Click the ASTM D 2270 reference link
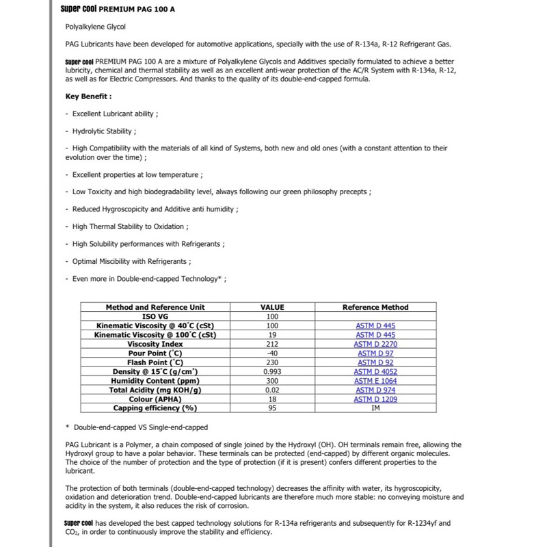[375, 344]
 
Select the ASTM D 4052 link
[375, 371]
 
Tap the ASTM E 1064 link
[375, 381]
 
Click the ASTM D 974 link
[375, 390]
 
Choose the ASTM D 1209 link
[375, 399]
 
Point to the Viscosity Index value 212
[272, 344]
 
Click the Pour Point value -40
[272, 353]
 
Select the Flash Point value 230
[272, 362]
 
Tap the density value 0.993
[272, 371]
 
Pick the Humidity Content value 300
[272, 381]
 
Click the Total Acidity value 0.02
[272, 390]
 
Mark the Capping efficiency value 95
[272, 408]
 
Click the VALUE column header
[272, 307]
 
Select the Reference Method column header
[375, 307]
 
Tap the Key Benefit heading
[88, 96]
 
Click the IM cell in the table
[375, 408]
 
